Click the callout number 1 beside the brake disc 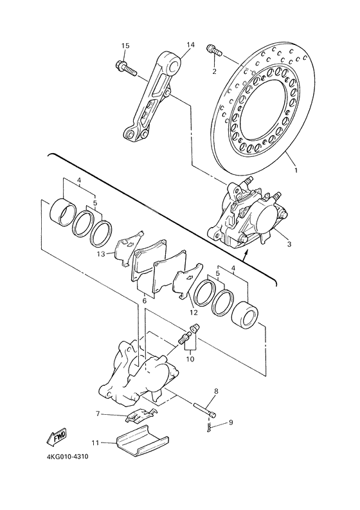coord(296,171)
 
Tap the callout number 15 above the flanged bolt coord(125,45)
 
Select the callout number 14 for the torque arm coord(190,45)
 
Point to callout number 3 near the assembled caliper coord(289,244)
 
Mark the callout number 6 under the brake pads coord(145,300)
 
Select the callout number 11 coord(95,442)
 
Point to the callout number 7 coord(98,413)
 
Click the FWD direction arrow coord(57,438)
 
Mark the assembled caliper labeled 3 coord(248,215)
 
